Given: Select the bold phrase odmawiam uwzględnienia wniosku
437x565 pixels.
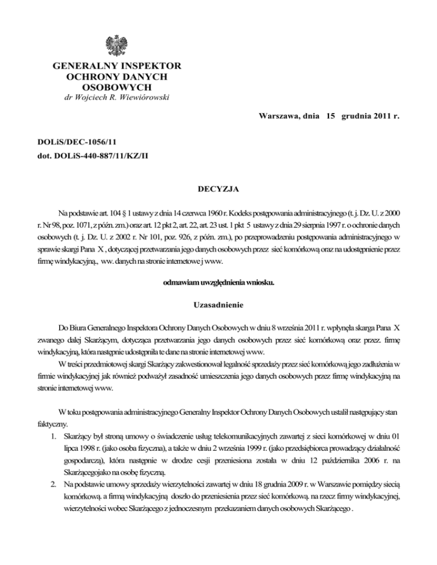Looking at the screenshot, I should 218,282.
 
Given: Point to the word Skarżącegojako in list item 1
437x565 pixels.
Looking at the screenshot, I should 92,483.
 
